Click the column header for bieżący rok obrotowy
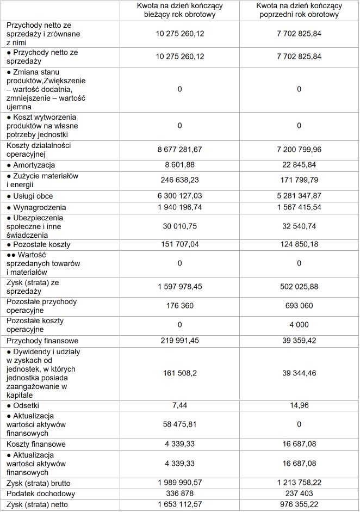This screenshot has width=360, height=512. tap(179, 10)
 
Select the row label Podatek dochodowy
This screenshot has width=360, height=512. tap(41, 494)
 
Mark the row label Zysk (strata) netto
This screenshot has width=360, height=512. tap(40, 504)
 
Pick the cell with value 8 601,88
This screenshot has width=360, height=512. tap(179, 165)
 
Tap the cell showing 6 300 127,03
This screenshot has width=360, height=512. tap(179, 196)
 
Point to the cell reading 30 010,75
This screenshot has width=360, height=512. tap(179, 226)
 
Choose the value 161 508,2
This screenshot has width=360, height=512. tap(179, 373)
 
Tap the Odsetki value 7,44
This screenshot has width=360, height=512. tap(179, 405)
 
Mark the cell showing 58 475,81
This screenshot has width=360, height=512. tap(179, 424)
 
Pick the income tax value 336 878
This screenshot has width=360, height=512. tap(179, 494)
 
